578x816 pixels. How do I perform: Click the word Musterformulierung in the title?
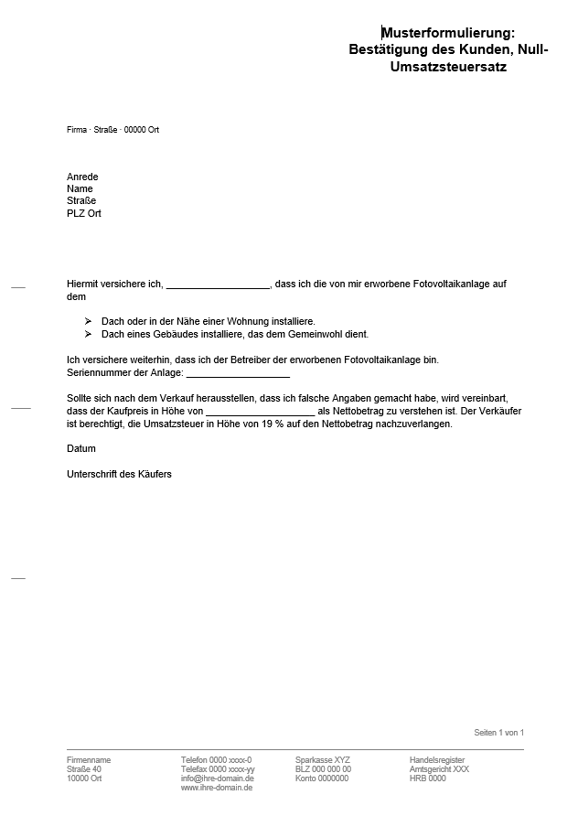tap(448, 32)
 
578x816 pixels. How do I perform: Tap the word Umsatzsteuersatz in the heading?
tap(448, 67)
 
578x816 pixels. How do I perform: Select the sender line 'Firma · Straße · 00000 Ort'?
tap(112, 130)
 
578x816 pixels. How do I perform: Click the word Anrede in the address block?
tap(82, 177)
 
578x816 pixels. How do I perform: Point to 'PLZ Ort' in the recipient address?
tap(84, 213)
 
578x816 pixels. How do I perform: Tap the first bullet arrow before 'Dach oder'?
tap(89, 321)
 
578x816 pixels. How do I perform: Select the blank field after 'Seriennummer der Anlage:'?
tap(238, 374)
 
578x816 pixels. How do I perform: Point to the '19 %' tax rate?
tap(273, 424)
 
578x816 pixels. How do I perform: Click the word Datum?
tap(81, 448)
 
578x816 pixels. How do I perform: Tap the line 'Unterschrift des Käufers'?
tap(119, 474)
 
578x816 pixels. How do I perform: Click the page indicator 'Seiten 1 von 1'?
tap(498, 733)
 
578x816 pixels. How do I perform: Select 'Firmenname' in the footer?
tap(89, 760)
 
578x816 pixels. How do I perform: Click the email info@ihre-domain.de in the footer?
tap(217, 778)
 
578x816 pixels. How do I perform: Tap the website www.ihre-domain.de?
tap(217, 788)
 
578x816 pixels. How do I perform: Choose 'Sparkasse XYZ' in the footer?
tap(322, 760)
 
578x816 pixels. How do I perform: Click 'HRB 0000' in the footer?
tap(427, 778)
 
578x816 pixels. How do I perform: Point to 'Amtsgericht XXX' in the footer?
tap(439, 769)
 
